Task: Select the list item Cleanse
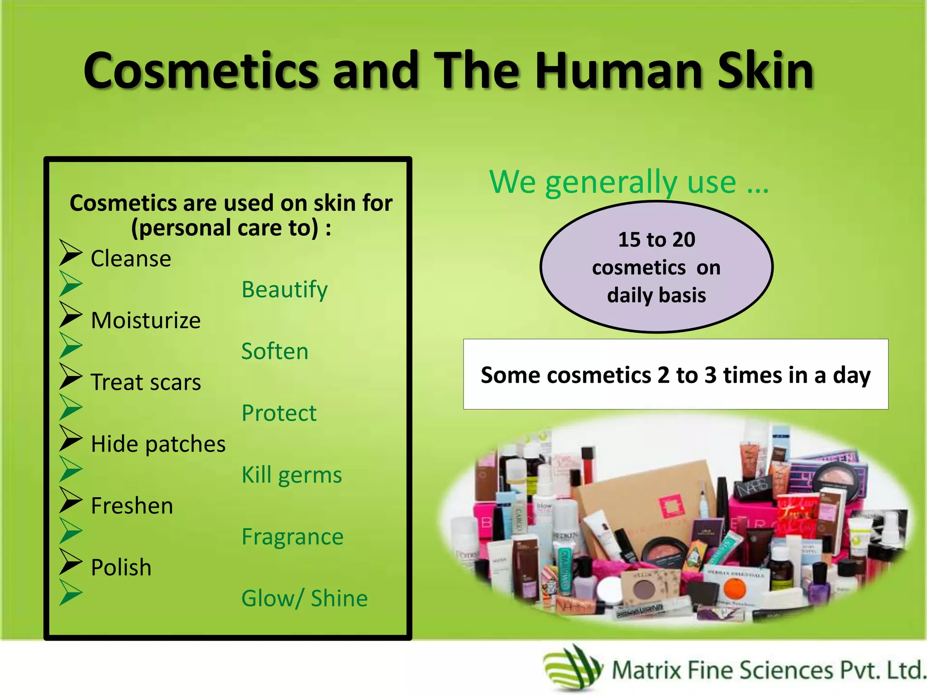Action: coord(131,259)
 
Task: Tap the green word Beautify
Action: coord(284,290)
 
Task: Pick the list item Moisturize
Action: coord(146,321)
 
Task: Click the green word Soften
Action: coord(275,352)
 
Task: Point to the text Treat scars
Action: coord(146,382)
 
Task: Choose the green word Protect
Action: coord(279,413)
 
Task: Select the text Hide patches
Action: coord(158,444)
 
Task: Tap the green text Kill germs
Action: coord(291,475)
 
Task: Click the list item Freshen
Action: coord(132,506)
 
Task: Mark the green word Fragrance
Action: coord(292,537)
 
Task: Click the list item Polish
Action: coord(121,568)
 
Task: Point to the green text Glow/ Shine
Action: coord(305,599)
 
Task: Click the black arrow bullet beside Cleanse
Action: coord(71,253)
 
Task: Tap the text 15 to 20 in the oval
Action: coord(656,240)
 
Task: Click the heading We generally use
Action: coord(629,182)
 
